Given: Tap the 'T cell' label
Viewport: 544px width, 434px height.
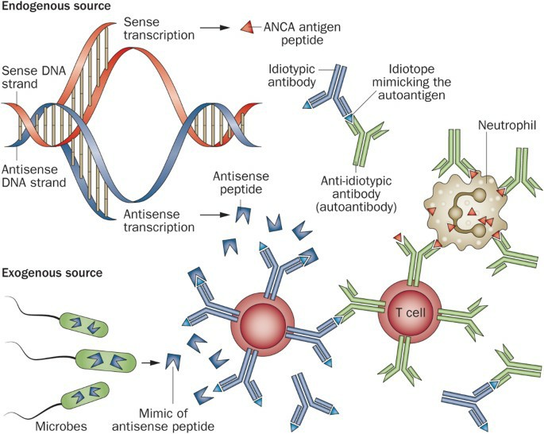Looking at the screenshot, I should pos(411,310).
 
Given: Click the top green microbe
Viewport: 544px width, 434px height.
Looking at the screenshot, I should pos(84,323).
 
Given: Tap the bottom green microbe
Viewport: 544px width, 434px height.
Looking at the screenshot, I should pos(85,396).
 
